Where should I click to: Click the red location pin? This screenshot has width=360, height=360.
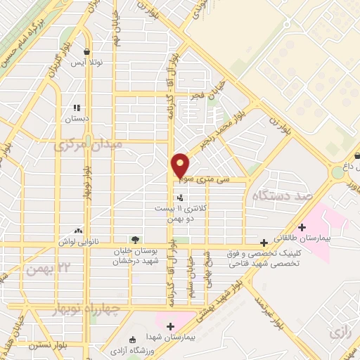coord(180,165)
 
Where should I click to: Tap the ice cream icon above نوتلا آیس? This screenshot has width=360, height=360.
coord(86,52)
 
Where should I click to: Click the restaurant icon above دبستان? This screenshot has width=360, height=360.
coord(77,108)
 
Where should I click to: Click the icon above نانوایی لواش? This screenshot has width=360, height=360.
coord(78,231)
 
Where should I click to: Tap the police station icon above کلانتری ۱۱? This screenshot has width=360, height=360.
coord(180,198)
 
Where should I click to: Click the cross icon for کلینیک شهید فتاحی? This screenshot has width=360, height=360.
coord(264,242)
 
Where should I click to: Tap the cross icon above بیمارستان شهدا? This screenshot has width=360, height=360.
coord(171,326)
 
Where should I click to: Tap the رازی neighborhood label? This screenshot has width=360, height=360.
coord(340,330)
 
